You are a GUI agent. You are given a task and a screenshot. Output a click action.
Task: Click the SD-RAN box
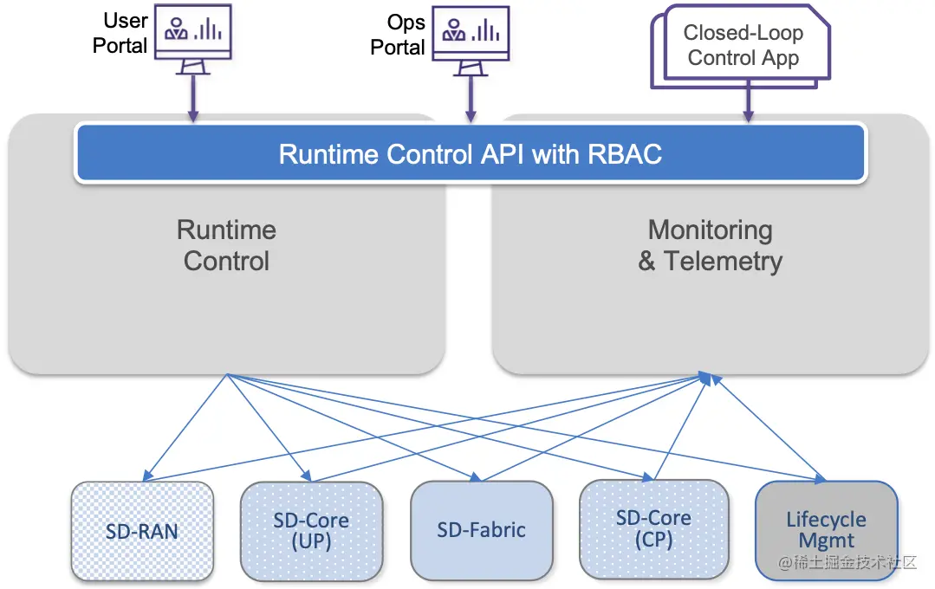[141, 531]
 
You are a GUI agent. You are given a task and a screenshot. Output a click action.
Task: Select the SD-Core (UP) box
[310, 531]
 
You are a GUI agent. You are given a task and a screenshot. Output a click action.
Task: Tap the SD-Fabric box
[481, 530]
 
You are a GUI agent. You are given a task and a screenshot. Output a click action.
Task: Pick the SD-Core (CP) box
[653, 529]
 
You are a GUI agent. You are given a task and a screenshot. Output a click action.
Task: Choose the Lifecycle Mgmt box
[825, 530]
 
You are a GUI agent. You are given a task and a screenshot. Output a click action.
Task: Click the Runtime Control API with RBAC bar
[470, 153]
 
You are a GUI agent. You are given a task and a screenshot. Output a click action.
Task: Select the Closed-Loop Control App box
[742, 46]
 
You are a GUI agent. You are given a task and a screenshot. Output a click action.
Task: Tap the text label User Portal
[120, 34]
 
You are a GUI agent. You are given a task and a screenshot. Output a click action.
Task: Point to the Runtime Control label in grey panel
[226, 245]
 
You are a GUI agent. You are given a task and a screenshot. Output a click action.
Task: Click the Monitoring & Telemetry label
[710, 245]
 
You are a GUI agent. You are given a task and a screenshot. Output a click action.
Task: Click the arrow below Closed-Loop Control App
[747, 102]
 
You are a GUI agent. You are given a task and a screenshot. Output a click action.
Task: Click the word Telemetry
[723, 261]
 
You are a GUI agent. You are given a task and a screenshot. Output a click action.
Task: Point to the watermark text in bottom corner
[847, 564]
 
